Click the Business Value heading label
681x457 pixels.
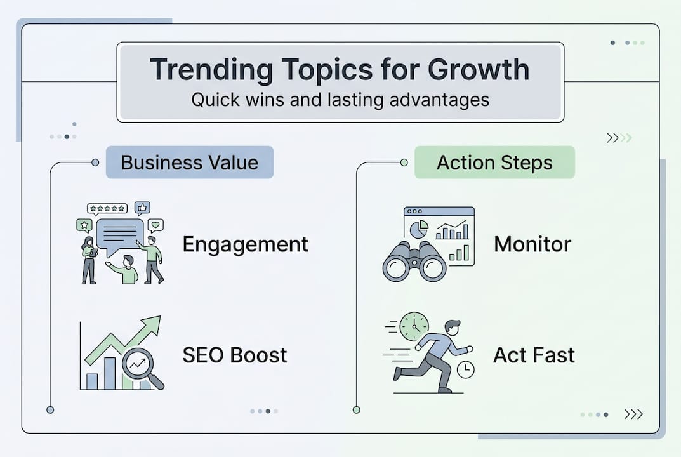click(189, 162)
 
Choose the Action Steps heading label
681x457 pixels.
click(494, 162)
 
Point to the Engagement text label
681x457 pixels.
click(245, 244)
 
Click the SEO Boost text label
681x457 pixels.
click(235, 355)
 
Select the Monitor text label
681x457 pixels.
click(532, 244)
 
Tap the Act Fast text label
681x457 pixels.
click(534, 355)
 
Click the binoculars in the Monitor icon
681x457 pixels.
click(414, 262)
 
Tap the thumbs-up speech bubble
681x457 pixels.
click(142, 208)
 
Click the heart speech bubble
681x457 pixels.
click(155, 225)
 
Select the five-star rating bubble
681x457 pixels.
click(107, 208)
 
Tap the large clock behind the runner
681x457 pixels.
click(414, 326)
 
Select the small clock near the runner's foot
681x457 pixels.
click(465, 369)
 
